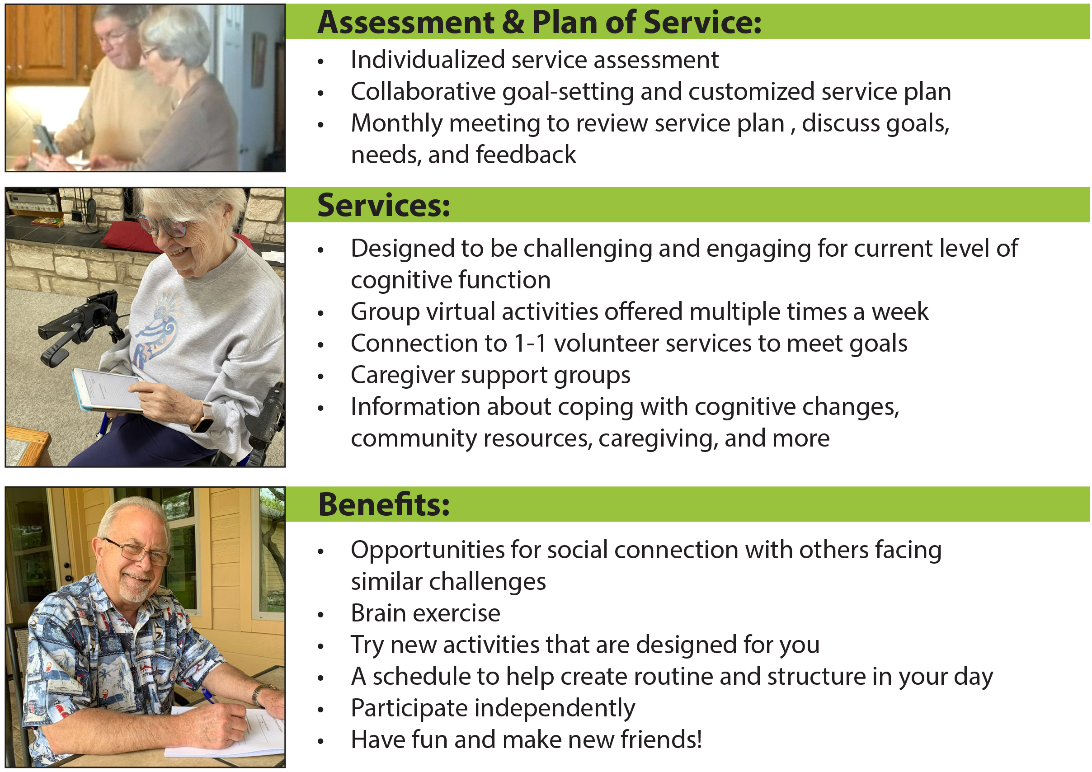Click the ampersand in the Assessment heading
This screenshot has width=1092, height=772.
coord(513,22)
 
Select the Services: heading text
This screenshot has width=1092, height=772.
coord(384,206)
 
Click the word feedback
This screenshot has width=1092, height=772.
coord(526,155)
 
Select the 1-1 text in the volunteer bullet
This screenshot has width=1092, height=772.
coord(531,344)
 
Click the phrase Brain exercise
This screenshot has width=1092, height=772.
coord(426,613)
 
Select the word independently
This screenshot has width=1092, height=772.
coord(555,708)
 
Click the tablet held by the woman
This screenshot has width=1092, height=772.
coord(108,390)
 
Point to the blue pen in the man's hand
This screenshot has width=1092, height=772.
coord(208,696)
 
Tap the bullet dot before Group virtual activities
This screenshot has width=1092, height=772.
coord(320,313)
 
